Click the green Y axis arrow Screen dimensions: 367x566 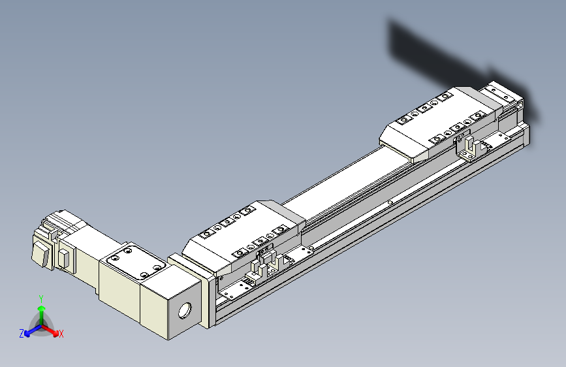coord(41,313)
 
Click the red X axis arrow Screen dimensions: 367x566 coord(52,328)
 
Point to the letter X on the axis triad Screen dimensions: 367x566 coord(61,334)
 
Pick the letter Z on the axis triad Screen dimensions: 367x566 coord(22,333)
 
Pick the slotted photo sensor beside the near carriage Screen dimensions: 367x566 coord(268,263)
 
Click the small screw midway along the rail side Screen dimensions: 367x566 coord(390,203)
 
